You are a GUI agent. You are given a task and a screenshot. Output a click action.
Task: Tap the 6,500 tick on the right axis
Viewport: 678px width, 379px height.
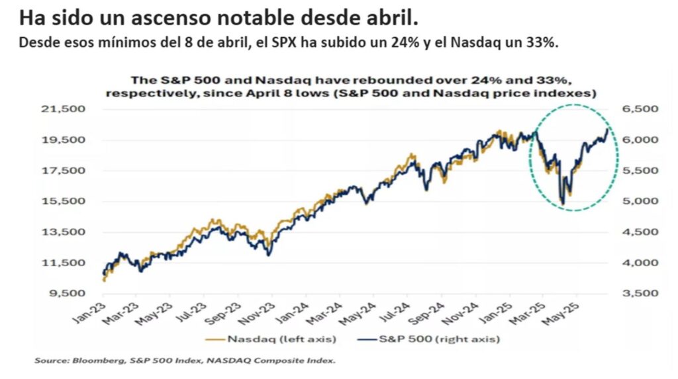(x=636, y=109)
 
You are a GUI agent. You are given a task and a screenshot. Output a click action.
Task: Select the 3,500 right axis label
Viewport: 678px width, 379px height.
(x=636, y=293)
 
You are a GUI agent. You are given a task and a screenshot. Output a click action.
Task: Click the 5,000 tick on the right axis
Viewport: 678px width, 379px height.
(x=636, y=201)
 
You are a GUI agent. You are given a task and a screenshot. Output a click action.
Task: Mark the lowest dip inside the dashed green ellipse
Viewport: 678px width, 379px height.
(x=562, y=202)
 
